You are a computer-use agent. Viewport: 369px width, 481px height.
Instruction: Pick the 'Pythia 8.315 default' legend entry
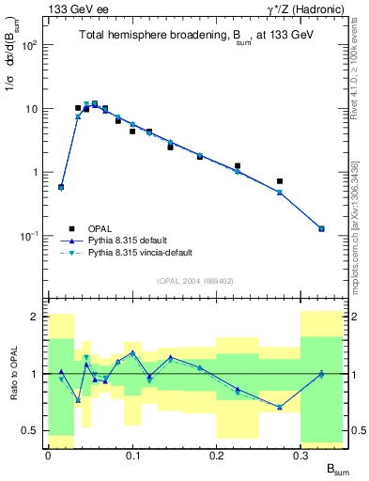click(131, 240)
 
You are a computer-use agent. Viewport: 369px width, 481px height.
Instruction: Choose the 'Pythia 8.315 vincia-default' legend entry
click(145, 254)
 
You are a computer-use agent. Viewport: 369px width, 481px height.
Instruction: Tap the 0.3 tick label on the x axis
click(300, 455)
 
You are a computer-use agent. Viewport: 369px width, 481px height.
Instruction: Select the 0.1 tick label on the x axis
click(131, 455)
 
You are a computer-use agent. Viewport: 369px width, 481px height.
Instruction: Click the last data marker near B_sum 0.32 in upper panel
click(321, 228)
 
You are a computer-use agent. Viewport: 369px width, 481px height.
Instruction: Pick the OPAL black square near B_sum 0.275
click(280, 181)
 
